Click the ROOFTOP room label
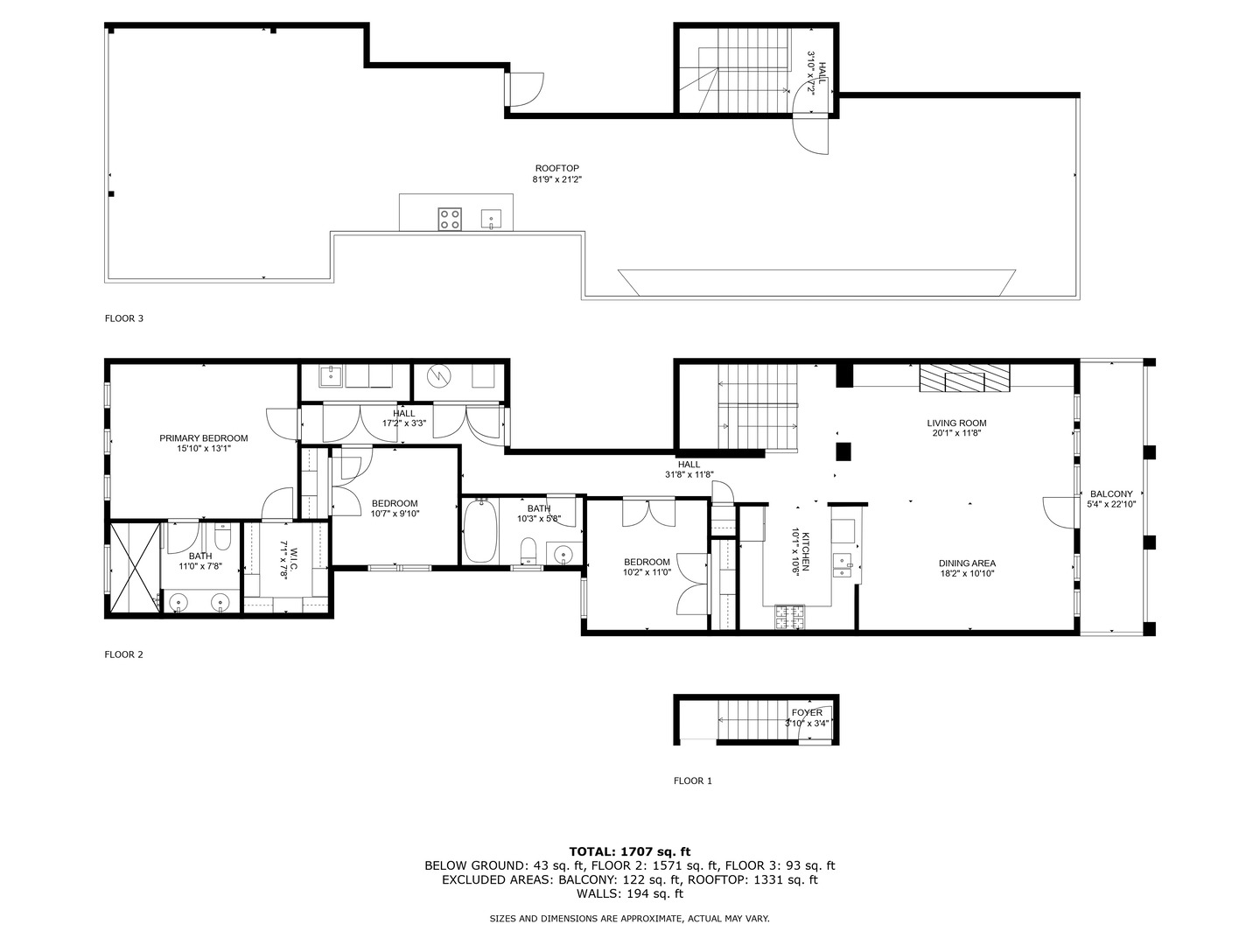click(x=556, y=168)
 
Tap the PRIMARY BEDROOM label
click(x=204, y=437)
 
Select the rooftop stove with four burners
click(x=450, y=219)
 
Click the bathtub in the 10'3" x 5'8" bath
click(x=479, y=531)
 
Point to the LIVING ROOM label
click(x=956, y=423)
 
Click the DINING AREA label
click(x=967, y=563)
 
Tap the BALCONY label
click(x=1111, y=493)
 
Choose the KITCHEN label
click(x=806, y=551)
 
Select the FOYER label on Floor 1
click(x=807, y=712)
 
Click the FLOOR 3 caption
click(x=124, y=318)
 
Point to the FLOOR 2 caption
click(x=124, y=654)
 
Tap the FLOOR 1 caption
click(x=693, y=780)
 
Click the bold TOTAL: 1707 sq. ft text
click(x=630, y=851)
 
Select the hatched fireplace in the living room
click(x=964, y=378)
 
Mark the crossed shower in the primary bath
click(x=136, y=568)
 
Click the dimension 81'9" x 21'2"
click(x=556, y=179)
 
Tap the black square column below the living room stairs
click(x=843, y=451)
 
